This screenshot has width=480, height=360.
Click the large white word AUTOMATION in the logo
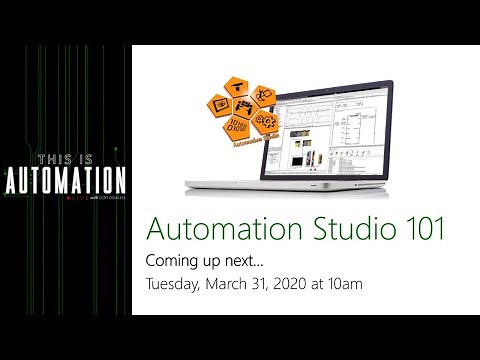click(x=65, y=181)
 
